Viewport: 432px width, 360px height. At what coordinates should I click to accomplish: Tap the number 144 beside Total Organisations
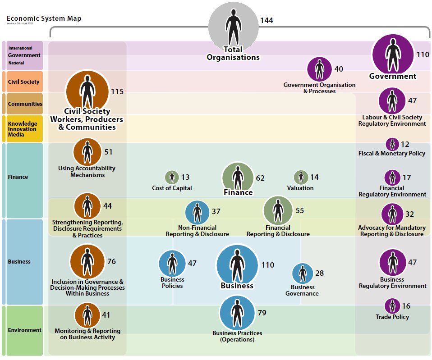pyautogui.click(x=266, y=20)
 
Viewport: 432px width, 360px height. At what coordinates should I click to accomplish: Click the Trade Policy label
pyautogui.click(x=392, y=317)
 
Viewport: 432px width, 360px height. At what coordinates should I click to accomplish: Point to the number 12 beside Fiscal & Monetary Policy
pyautogui.click(x=404, y=144)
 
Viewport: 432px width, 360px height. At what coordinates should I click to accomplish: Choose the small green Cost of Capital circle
pyautogui.click(x=172, y=177)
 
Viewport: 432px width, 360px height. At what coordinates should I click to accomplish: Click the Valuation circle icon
pyautogui.click(x=301, y=177)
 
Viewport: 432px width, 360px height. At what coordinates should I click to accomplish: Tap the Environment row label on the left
pyautogui.click(x=24, y=330)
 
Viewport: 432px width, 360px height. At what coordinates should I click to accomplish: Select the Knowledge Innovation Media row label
pyautogui.click(x=22, y=129)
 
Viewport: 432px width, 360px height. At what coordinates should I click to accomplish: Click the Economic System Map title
pyautogui.click(x=44, y=18)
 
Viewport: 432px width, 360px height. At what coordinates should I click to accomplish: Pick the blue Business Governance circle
pyautogui.click(x=302, y=273)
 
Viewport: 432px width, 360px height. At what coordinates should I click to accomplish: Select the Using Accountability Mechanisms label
pyautogui.click(x=87, y=171)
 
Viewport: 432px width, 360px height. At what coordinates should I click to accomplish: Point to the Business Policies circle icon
pyautogui.click(x=172, y=264)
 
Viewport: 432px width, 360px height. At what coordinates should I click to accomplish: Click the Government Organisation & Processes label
pyautogui.click(x=319, y=88)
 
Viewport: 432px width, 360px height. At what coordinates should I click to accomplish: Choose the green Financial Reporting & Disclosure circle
pyautogui.click(x=278, y=210)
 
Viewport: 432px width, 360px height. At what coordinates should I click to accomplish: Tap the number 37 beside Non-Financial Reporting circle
pyautogui.click(x=216, y=211)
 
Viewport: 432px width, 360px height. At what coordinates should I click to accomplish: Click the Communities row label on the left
pyautogui.click(x=25, y=104)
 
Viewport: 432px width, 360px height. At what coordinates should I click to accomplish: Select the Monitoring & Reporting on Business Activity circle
pyautogui.click(x=87, y=315)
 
